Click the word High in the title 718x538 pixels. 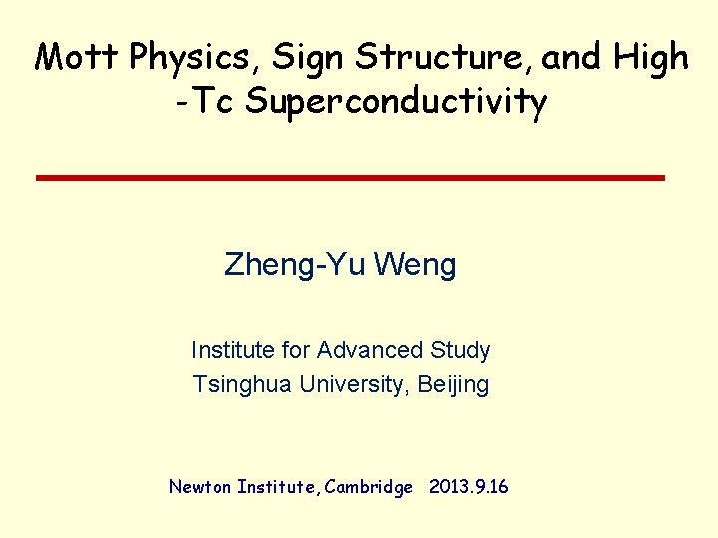tap(651, 57)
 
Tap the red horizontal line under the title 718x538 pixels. tap(350, 177)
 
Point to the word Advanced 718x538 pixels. tap(372, 350)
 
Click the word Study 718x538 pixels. tap(461, 351)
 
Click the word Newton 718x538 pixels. tap(199, 487)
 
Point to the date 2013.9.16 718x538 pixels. tap(468, 487)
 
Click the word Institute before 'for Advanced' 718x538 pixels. tap(231, 350)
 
